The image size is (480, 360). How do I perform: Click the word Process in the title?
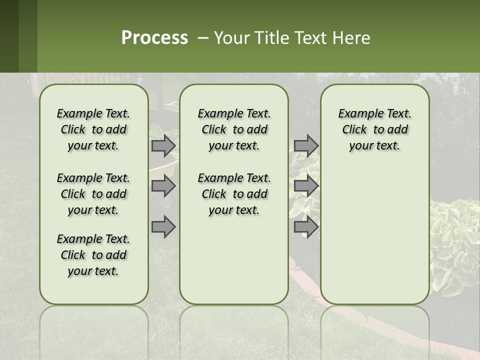point(154,38)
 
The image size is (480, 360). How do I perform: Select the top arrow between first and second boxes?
point(163,145)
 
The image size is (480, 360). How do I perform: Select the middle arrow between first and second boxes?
point(163,186)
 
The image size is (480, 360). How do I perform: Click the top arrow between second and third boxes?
point(306,145)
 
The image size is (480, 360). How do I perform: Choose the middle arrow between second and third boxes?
point(306,186)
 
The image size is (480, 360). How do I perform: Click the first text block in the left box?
point(93,129)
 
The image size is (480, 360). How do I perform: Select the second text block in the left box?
point(93,194)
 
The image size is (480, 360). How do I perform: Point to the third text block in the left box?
point(93,255)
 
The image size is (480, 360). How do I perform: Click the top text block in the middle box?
point(234,129)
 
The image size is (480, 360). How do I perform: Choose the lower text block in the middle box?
point(234,194)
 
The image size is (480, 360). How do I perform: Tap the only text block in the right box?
point(374,129)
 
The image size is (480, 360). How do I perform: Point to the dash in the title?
point(203,38)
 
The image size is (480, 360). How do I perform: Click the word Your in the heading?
point(230,38)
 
